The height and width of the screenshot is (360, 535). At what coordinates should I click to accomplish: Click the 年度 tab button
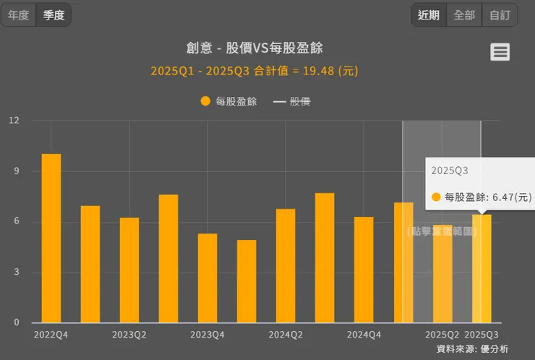tap(19, 15)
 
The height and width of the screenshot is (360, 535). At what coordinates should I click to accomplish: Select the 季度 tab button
tap(54, 15)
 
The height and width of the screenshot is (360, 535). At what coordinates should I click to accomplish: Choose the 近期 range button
tap(428, 15)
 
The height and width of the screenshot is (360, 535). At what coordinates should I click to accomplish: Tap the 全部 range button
tap(464, 15)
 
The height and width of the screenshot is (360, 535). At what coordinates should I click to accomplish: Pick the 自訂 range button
tap(500, 15)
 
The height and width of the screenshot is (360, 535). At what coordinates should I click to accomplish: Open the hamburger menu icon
tap(500, 52)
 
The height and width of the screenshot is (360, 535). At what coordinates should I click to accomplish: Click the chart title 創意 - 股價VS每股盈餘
tap(254, 48)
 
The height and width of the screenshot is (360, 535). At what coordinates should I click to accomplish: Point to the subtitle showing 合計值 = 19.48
tap(254, 71)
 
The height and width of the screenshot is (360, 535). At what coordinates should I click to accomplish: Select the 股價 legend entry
tap(292, 101)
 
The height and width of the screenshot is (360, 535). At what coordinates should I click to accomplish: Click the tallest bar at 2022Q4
tap(51, 239)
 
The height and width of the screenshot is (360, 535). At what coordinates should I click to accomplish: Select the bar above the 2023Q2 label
tap(129, 270)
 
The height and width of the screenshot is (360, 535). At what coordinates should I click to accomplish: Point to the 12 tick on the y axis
tap(14, 121)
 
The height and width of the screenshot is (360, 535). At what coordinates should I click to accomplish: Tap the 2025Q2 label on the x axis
tap(442, 335)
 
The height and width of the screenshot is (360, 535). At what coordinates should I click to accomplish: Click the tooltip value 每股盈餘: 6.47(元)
tap(488, 197)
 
